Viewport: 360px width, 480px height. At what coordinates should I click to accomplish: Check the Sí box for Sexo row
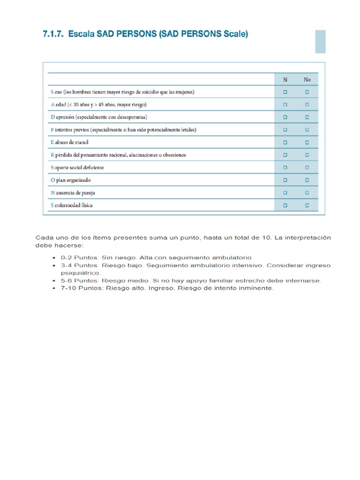pos(285,92)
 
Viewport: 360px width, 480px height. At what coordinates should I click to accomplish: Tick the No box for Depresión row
pos(307,117)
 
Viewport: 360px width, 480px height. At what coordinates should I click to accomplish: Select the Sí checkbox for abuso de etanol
pos(285,142)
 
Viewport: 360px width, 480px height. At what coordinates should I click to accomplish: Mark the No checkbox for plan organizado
pos(307,180)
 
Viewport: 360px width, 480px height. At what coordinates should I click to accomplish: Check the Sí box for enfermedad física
pos(285,205)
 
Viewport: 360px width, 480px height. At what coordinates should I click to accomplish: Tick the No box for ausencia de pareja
pos(307,193)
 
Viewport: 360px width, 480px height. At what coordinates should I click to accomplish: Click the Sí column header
pos(285,80)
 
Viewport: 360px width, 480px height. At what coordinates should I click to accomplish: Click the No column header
pos(307,80)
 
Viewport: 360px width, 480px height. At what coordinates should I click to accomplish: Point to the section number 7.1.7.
pos(53,34)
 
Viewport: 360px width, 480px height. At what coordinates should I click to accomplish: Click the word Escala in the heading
pos(81,34)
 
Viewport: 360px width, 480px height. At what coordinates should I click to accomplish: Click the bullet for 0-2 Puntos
pos(56,258)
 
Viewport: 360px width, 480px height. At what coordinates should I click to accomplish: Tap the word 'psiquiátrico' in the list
pos(80,273)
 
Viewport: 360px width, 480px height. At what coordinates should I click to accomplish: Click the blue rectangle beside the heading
pos(320,42)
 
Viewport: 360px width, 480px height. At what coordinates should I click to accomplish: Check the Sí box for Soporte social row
pos(285,167)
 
